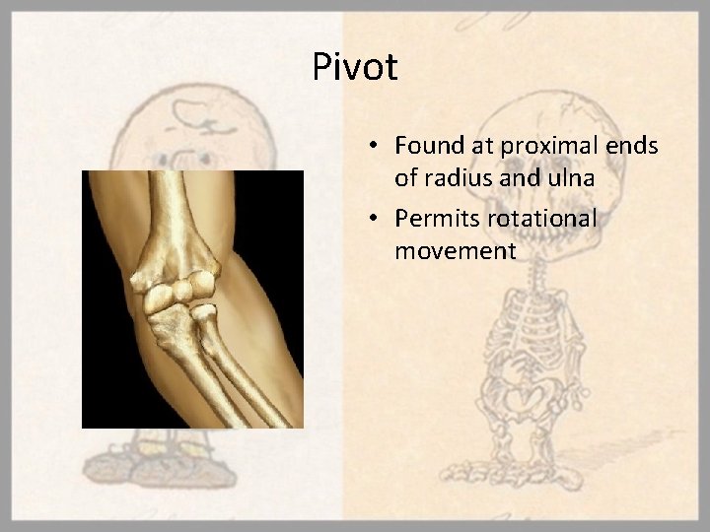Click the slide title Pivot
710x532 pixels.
click(355, 68)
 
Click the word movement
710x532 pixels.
click(455, 252)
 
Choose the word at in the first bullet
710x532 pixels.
click(482, 147)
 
